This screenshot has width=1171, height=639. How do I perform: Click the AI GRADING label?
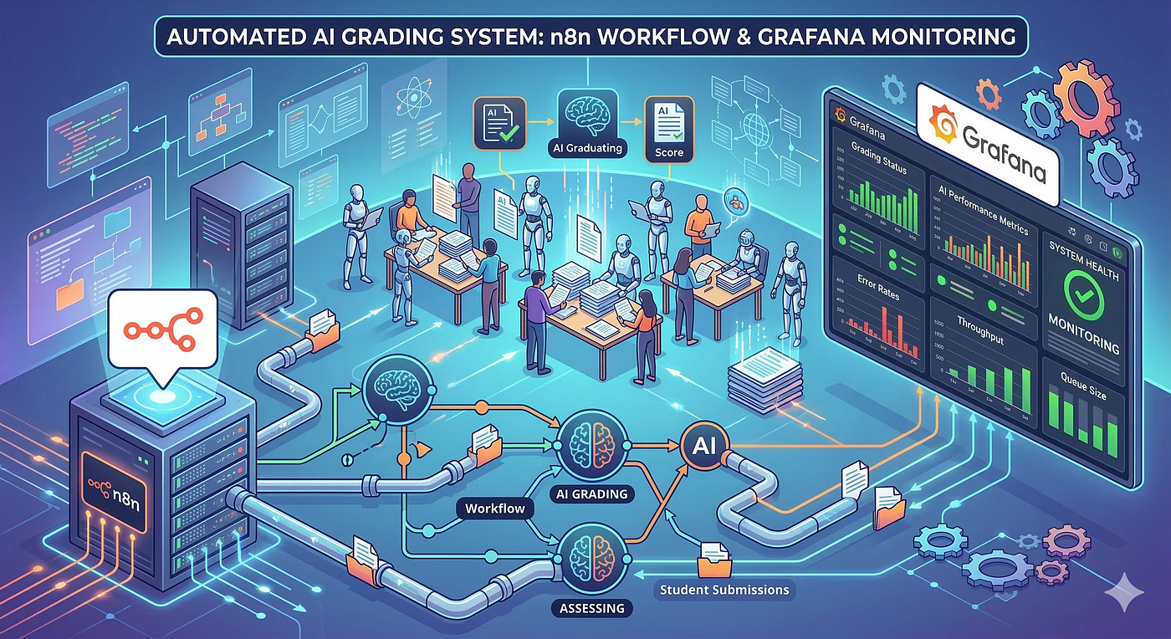[591, 493]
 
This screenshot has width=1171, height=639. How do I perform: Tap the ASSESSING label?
[590, 608]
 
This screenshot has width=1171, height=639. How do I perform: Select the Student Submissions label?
[724, 589]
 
